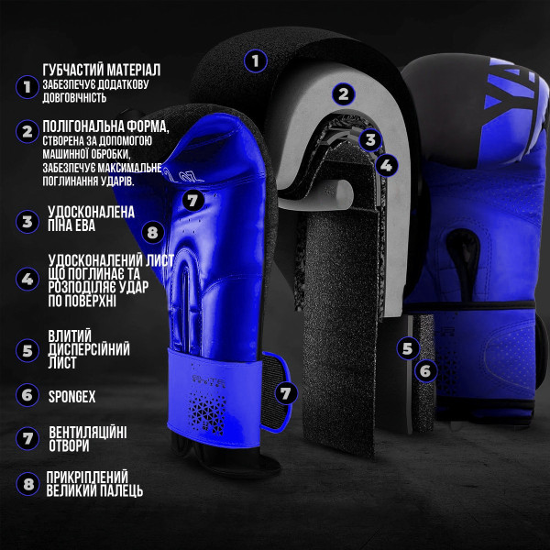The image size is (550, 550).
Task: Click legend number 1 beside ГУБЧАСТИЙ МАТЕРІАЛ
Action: click(27, 87)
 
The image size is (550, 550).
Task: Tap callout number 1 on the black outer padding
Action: click(256, 61)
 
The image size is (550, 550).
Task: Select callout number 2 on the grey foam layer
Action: click(344, 94)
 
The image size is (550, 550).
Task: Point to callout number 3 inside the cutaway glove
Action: click(370, 139)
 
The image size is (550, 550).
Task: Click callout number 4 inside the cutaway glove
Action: click(387, 165)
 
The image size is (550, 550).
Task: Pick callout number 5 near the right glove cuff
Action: click(408, 348)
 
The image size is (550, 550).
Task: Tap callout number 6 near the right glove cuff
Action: click(425, 370)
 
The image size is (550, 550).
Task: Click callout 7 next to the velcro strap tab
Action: click(286, 393)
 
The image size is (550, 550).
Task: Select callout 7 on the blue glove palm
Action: click(192, 200)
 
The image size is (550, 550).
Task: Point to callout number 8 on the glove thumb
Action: click(153, 232)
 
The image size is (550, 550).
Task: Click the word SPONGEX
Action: click(71, 397)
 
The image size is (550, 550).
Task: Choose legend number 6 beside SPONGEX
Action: click(27, 395)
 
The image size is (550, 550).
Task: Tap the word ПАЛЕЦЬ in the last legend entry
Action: click(118, 490)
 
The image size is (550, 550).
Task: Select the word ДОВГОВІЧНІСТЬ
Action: click(74, 97)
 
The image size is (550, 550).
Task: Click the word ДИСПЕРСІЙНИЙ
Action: click(89, 349)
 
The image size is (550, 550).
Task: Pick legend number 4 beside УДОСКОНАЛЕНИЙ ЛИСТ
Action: click(27, 280)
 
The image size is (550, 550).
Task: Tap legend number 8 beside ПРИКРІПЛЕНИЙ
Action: click(27, 484)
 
